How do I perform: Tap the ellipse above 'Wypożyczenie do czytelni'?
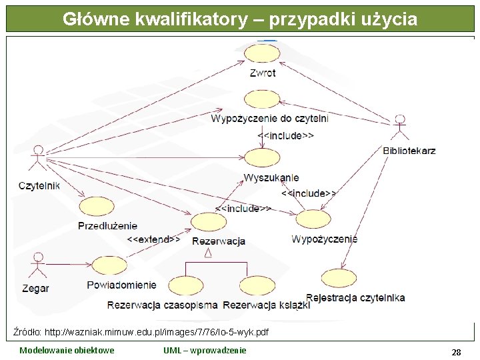pyautogui.click(x=262, y=99)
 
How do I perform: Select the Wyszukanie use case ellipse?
pyautogui.click(x=262, y=158)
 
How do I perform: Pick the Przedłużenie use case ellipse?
pyautogui.click(x=97, y=206)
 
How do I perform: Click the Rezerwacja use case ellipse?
pyautogui.click(x=209, y=222)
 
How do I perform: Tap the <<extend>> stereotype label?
pyautogui.click(x=153, y=239)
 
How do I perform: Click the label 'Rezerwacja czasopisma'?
pyautogui.click(x=163, y=305)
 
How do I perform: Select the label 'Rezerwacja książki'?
pyautogui.click(x=267, y=305)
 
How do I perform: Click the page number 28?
pyautogui.click(x=456, y=351)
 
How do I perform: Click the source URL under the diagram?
pyautogui.click(x=141, y=331)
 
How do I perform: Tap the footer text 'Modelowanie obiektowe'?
pyautogui.click(x=67, y=351)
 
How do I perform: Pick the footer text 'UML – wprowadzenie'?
pyautogui.click(x=205, y=351)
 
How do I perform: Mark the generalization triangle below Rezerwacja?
pyautogui.click(x=208, y=253)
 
